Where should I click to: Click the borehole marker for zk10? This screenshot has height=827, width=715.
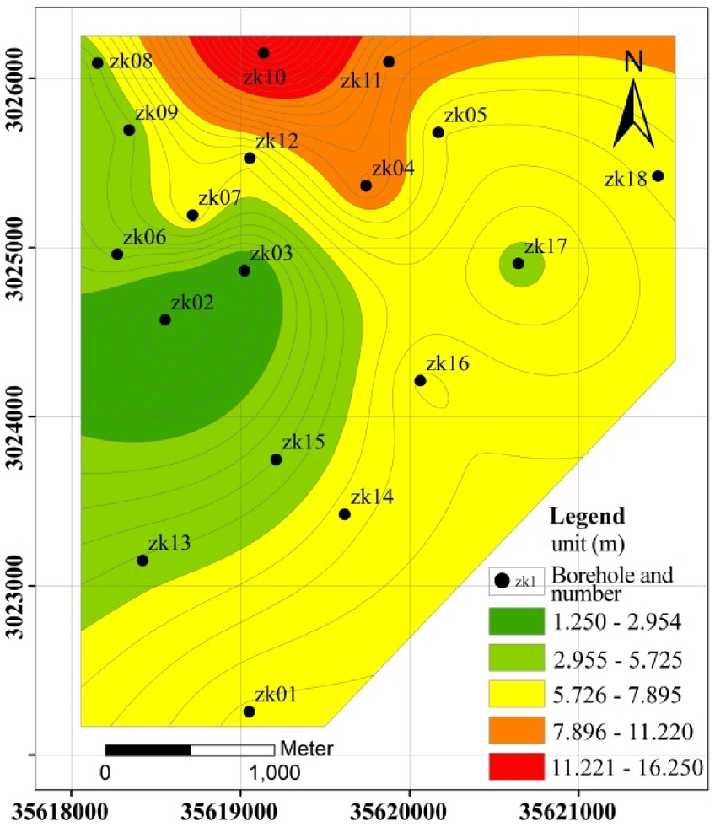tap(263, 53)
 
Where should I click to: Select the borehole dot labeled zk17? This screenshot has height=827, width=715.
tap(519, 264)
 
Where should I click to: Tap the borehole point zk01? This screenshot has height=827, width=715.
tap(249, 712)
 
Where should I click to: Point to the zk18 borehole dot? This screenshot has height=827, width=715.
tap(659, 175)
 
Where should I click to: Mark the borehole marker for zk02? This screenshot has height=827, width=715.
tap(165, 320)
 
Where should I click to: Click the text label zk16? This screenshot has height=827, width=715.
tap(448, 364)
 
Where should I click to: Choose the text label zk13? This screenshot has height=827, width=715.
tap(169, 543)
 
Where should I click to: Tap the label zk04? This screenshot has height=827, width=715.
tap(393, 168)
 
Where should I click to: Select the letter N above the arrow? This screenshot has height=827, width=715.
tap(635, 61)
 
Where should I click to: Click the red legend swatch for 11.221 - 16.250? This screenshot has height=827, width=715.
tap(516, 767)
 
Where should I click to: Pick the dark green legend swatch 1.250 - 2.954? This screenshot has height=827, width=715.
tap(516, 622)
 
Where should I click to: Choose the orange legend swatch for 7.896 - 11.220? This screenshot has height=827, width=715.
tap(516, 731)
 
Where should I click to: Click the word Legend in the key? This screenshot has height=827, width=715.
tap(587, 515)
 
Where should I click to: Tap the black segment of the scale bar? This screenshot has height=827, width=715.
tap(148, 749)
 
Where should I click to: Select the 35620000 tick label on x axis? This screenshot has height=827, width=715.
tap(410, 813)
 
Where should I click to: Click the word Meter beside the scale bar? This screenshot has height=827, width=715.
tap(307, 748)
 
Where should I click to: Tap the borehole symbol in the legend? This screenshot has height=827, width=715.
tap(503, 580)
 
